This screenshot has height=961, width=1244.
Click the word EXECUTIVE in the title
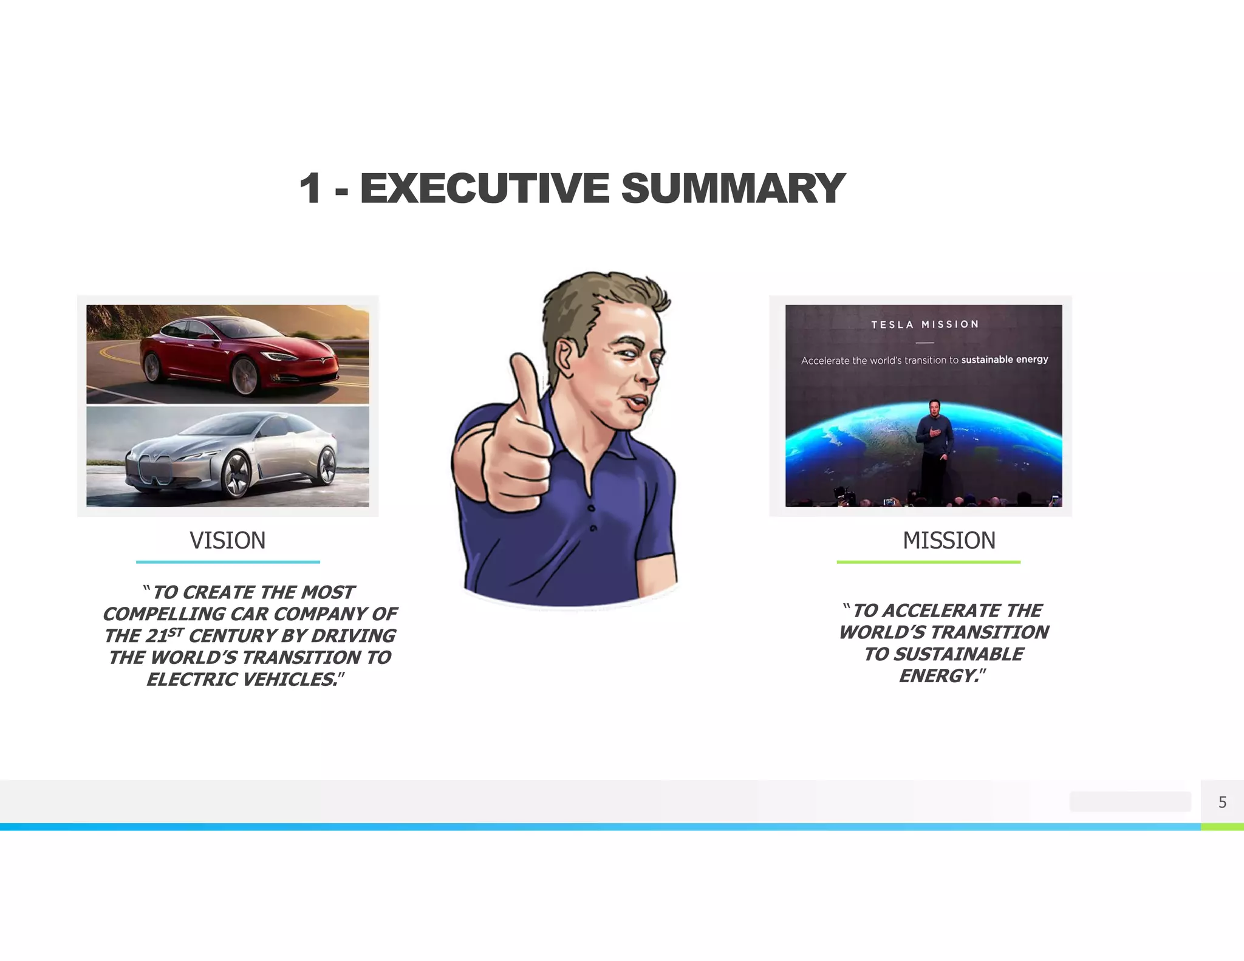[484, 188]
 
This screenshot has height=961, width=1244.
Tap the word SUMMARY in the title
[733, 188]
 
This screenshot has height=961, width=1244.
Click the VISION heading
[228, 541]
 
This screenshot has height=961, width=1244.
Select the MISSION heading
[949, 541]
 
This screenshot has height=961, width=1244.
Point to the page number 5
[1222, 802]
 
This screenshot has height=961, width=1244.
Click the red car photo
[228, 354]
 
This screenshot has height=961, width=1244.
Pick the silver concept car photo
[228, 457]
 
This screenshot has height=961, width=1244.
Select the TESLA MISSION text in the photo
[924, 325]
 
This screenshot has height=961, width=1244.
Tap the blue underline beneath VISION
[228, 562]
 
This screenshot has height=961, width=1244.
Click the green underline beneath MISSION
[928, 562]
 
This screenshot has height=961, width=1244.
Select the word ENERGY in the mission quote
[938, 675]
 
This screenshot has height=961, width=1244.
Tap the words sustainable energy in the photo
[1005, 360]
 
